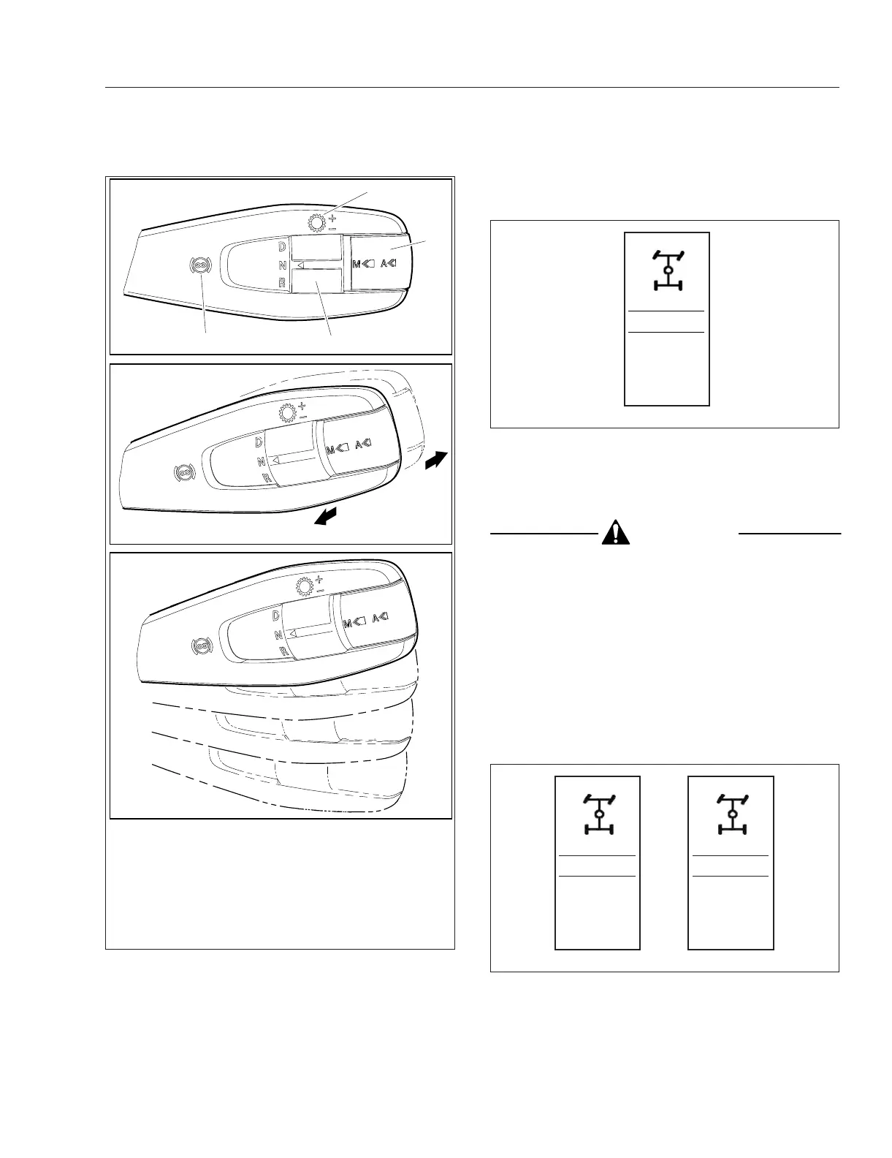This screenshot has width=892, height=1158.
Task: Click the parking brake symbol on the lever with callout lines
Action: (197, 266)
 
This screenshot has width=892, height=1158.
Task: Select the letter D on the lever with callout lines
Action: (281, 248)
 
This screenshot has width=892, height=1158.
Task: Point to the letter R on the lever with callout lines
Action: (282, 282)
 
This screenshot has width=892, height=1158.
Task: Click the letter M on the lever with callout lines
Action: (357, 264)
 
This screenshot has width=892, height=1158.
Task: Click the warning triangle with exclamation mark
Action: (617, 533)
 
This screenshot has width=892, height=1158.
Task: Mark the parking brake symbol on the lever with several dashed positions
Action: (200, 646)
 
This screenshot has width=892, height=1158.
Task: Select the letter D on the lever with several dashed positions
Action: (276, 617)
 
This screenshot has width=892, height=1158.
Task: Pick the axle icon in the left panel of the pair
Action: (598, 814)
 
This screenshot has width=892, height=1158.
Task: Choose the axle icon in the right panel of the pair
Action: (732, 814)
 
